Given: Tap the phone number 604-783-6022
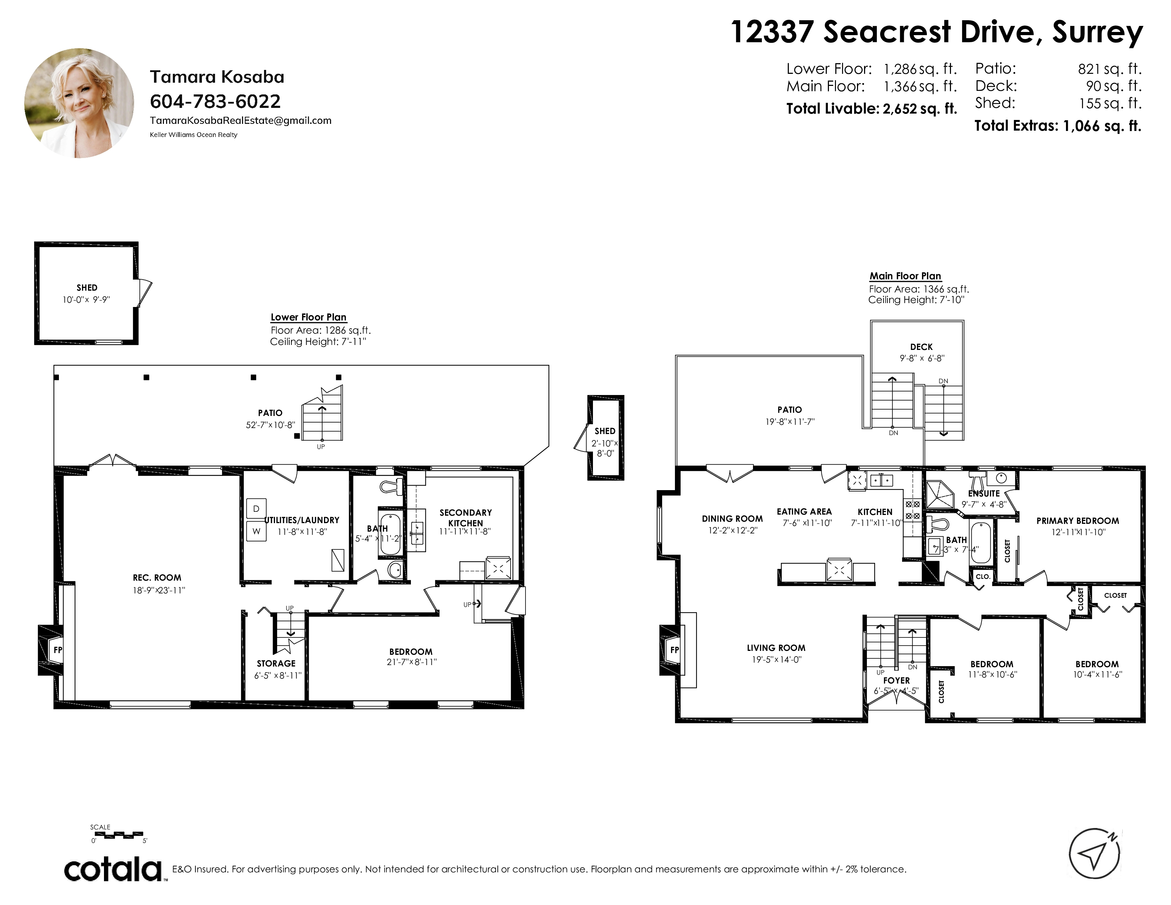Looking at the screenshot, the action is pos(215,102).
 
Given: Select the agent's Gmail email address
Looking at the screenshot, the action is pos(241,121).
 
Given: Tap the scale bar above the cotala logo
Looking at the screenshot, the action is pos(117,835).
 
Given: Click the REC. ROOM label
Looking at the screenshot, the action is pos(157,577).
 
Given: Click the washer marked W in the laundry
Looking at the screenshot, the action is pos(256,531).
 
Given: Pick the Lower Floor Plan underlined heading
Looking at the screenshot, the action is pos(308,317).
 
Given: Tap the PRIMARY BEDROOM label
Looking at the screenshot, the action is pos(1078,521).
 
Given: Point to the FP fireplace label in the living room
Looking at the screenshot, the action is pos(675,650).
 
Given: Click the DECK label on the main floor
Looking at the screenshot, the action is pos(921,347).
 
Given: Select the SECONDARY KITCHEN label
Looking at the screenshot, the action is pos(466,518).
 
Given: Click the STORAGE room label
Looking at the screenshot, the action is pos(276,663).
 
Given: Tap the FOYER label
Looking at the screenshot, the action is pos(896,680).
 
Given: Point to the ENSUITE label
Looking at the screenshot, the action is pos(984,493).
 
